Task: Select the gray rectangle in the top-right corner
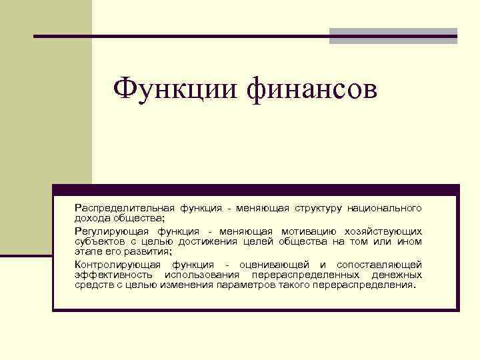tap(393, 36)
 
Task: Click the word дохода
tap(91, 218)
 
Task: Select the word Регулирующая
tap(106, 231)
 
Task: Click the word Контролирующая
tap(111, 265)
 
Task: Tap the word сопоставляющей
tap(379, 265)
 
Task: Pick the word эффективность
tap(111, 275)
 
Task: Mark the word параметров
tap(261, 285)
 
